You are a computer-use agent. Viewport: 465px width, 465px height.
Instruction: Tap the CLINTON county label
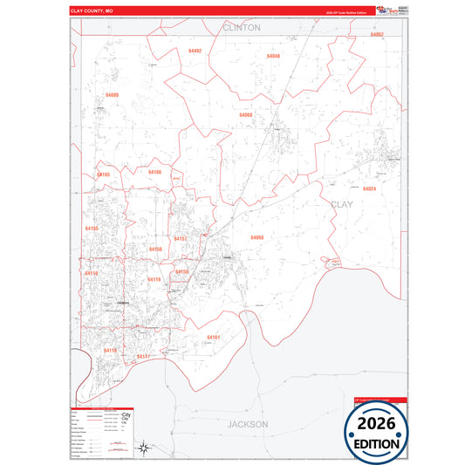242,28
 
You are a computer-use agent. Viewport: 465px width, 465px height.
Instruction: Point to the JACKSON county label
248,424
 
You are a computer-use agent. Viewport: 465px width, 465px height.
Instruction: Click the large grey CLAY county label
342,204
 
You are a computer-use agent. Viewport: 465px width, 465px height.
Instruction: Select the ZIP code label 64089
113,94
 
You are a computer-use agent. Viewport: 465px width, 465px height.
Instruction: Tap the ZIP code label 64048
273,56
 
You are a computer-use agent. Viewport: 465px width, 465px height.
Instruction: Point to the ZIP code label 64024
369,188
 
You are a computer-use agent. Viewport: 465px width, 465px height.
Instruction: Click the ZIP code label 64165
104,174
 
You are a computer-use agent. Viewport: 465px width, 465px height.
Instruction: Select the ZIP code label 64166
154,173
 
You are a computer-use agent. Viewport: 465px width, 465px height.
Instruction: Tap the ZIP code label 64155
92,228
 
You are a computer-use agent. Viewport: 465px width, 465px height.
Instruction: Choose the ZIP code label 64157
181,237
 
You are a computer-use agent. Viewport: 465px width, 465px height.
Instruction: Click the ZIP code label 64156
155,250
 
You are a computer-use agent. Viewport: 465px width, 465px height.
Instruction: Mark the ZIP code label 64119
154,279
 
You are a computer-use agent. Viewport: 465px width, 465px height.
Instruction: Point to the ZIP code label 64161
214,337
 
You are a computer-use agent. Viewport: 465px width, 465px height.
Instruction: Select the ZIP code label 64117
143,356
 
